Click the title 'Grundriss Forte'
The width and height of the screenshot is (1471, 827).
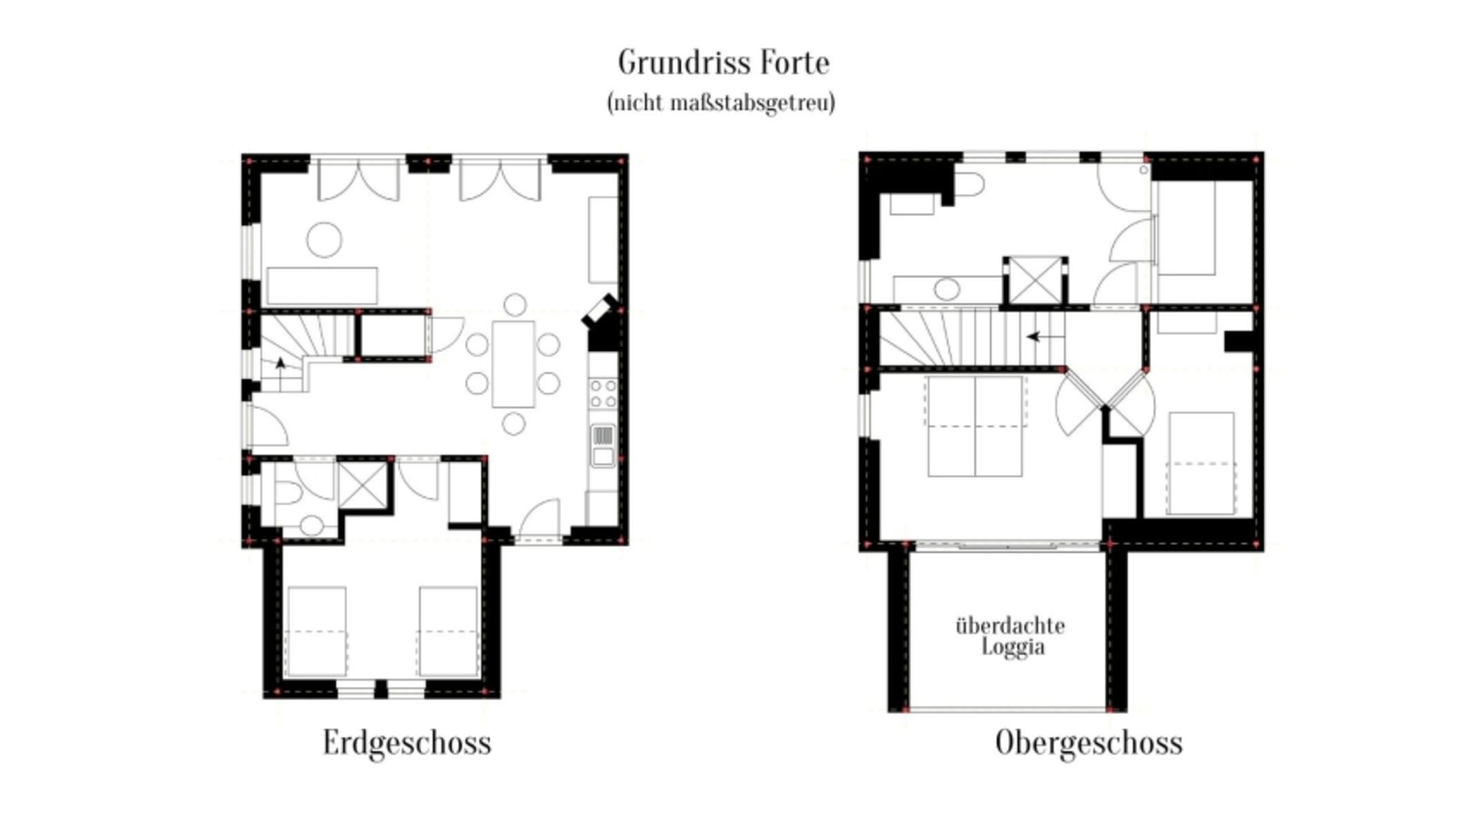coord(723,63)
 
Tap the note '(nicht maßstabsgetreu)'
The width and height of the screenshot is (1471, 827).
coord(721,103)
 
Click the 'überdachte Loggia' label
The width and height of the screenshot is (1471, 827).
coord(1010,636)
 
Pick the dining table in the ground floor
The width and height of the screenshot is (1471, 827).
coord(513,364)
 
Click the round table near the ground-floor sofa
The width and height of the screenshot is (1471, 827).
coord(324,240)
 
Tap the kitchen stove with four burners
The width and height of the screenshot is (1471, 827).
coord(603,394)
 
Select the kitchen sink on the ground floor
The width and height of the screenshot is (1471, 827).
coord(603,445)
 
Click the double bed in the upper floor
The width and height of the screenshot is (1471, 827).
coord(975,426)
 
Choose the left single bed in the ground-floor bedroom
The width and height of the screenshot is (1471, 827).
coord(317,631)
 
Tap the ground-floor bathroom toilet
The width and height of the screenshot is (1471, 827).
coord(288,493)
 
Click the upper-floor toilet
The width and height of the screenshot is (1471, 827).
coord(969,185)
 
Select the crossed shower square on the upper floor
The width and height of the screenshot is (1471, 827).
coord(1035,280)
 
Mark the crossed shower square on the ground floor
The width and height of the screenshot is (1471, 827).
coord(363,484)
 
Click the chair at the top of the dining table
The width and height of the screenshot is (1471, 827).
coord(514,305)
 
